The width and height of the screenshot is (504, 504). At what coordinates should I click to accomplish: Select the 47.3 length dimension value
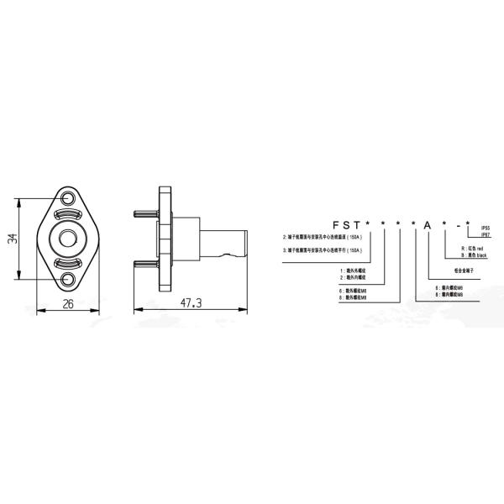192,305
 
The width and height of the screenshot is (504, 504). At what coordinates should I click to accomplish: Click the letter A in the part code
428,226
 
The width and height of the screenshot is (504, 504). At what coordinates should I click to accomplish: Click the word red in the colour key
480,249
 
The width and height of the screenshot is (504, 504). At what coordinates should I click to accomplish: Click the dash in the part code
455,226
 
